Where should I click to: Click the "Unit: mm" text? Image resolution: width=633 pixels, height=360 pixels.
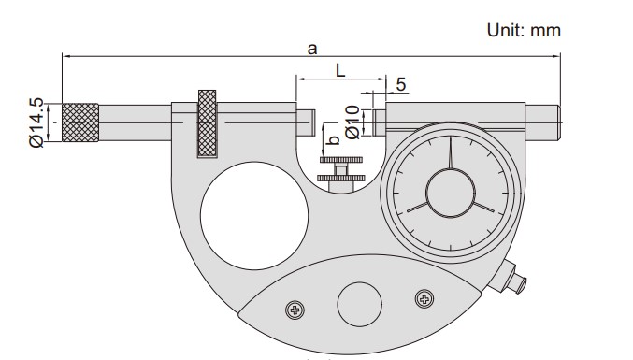pos(524,30)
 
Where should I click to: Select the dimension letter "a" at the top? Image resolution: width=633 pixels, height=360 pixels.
pos(312,50)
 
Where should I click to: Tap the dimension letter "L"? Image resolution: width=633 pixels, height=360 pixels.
pos(340,71)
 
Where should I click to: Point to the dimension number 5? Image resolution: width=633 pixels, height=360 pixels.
pos(401,84)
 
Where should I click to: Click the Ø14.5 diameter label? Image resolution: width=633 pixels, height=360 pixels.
pos(36,122)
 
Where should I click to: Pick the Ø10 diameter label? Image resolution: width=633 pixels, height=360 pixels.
pos(352,122)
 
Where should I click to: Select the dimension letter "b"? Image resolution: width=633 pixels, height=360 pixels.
pos(334,139)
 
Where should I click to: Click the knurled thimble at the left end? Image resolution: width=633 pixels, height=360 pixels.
pos(80,122)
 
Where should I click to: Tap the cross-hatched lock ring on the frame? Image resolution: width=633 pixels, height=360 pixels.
pos(207,123)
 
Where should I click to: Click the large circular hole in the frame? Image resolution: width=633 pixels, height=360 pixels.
pos(254,215)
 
